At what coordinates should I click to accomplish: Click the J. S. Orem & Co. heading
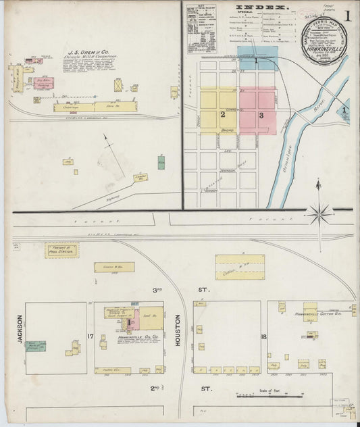(88, 51)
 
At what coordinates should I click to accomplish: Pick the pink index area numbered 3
(258, 111)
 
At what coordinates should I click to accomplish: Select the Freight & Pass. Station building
(61, 250)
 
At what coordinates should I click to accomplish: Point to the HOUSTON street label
(178, 332)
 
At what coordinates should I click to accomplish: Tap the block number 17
(90, 335)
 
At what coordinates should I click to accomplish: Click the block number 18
(263, 336)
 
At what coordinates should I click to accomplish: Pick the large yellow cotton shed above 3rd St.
(240, 267)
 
